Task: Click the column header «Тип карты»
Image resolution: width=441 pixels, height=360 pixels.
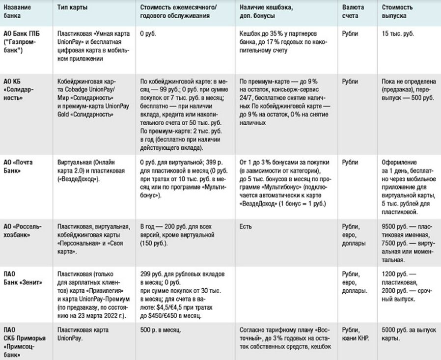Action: coord(73,8)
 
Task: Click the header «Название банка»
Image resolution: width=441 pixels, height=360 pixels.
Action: coord(17,12)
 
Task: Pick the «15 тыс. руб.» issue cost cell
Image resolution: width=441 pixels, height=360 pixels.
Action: coord(397,34)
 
